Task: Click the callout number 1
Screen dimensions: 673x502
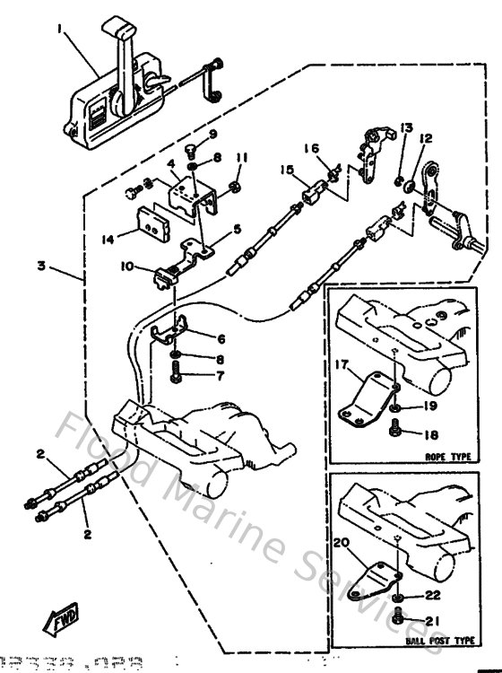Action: pos(60,29)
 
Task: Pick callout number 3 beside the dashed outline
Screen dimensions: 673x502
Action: pos(42,267)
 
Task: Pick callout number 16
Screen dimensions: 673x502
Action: pos(311,148)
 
